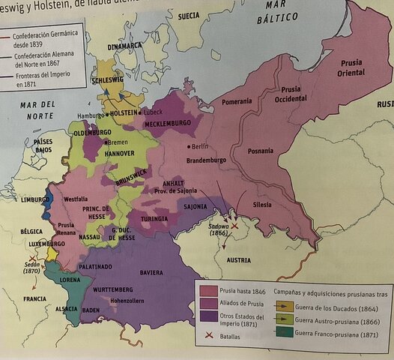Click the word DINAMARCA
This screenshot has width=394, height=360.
pyautogui.click(x=124, y=45)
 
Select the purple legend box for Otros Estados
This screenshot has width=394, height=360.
pyautogui.click(x=207, y=317)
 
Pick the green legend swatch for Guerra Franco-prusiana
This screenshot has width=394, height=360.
pyautogui.click(x=285, y=332)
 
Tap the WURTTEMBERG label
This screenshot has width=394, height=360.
pyautogui.click(x=113, y=289)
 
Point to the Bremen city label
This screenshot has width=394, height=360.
pyautogui.click(x=117, y=142)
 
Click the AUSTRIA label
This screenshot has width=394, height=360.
pyautogui.click(x=239, y=260)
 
